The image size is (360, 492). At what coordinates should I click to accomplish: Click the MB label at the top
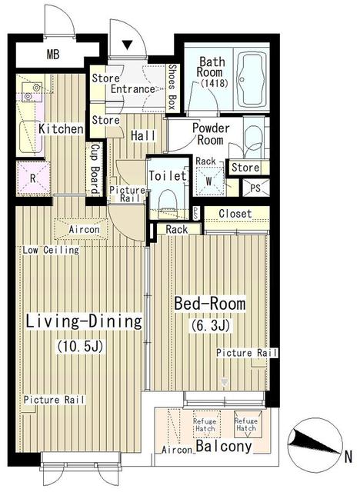52,55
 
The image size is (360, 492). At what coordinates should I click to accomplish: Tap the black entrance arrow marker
128,45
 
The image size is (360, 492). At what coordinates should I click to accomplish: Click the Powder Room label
208,135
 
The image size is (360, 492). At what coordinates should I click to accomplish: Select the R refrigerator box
32,178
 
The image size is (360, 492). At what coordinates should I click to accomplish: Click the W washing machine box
209,182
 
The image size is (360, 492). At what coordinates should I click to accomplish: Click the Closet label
232,214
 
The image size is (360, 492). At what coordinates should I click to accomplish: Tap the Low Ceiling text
51,251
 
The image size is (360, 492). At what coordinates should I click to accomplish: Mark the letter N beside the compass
348,454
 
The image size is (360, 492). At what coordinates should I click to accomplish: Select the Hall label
144,136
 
